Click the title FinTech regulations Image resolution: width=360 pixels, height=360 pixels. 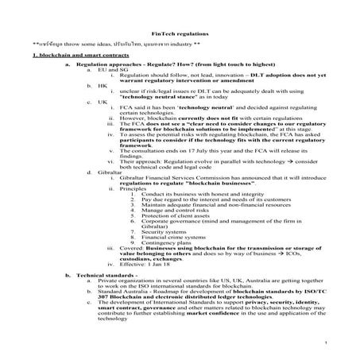click(181, 35)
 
